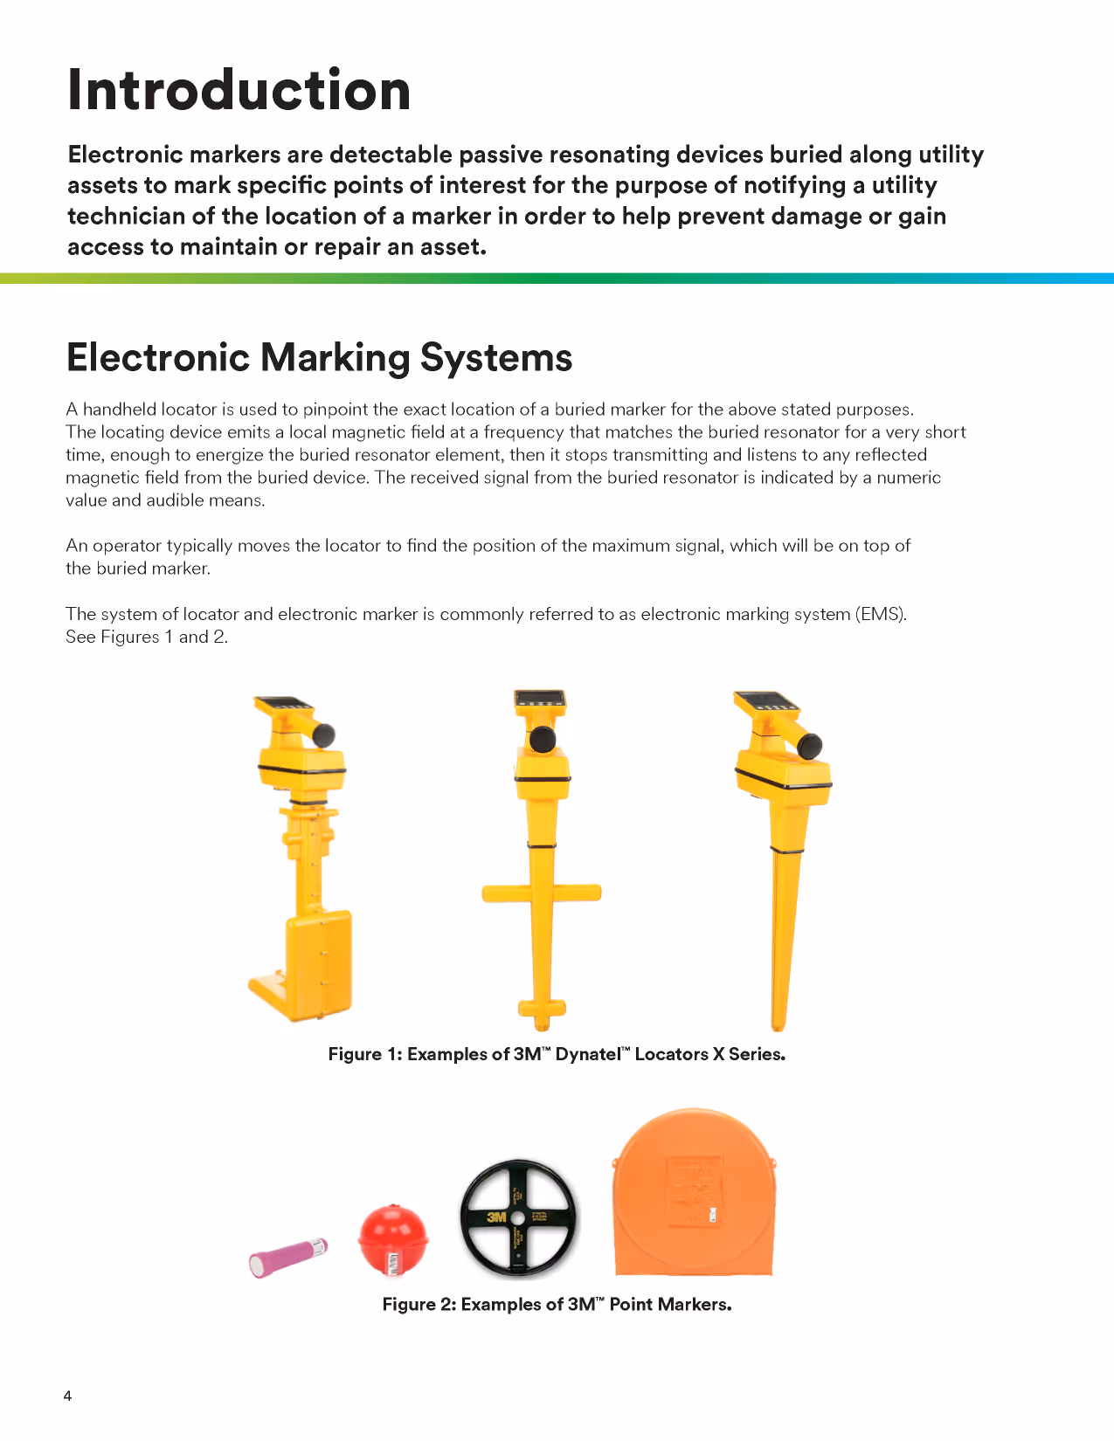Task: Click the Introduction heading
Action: point(239,90)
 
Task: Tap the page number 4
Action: point(67,1396)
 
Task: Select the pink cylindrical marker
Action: point(287,1258)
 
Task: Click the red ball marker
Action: point(393,1238)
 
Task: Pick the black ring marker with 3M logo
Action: point(518,1217)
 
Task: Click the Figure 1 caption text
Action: point(557,1054)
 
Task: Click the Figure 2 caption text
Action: point(557,1304)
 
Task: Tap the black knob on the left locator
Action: point(324,734)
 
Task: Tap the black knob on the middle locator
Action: point(543,739)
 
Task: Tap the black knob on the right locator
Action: point(810,746)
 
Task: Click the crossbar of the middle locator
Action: point(542,893)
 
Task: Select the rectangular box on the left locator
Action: point(319,965)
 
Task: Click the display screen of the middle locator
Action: point(541,699)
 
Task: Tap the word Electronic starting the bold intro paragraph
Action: point(125,155)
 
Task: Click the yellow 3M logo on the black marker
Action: point(496,1217)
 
